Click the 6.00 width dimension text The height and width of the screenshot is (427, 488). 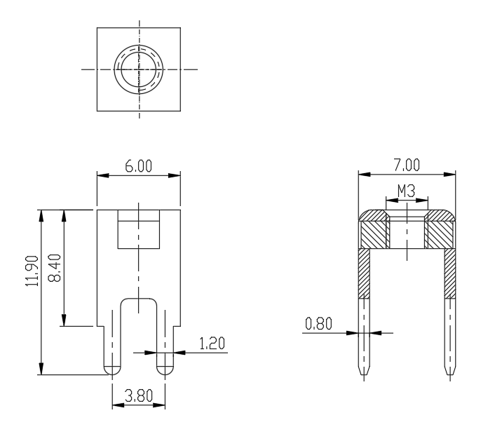click(139, 166)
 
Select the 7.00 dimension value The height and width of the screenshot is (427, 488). click(407, 165)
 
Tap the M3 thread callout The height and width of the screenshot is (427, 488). click(407, 191)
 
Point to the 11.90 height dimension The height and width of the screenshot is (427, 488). click(32, 271)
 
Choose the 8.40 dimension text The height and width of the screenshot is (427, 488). click(55, 268)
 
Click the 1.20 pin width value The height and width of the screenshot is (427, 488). click(212, 344)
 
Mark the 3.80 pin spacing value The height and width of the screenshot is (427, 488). click(139, 396)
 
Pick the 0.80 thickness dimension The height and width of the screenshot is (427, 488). click(319, 324)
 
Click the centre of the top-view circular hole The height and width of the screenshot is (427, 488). click(139, 69)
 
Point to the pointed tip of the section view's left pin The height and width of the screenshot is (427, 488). click(364, 375)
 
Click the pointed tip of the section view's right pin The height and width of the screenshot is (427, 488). click(450, 375)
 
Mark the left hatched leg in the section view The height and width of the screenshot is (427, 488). click(364, 273)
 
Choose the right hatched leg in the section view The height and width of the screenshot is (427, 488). click(450, 273)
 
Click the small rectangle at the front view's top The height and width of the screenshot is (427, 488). click(139, 229)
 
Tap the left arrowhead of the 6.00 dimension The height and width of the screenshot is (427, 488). click(102, 175)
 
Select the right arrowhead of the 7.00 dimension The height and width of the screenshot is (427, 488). click(449, 175)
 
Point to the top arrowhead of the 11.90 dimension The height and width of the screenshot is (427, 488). click(41, 216)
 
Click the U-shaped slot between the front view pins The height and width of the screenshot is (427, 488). click(139, 299)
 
